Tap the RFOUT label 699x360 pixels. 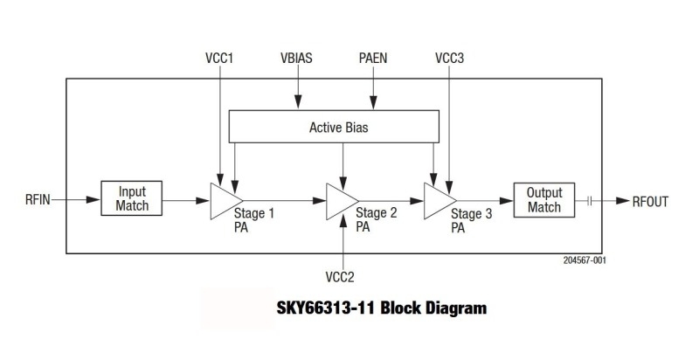[x=650, y=202]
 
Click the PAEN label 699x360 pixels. [x=373, y=59]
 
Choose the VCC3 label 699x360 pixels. [x=449, y=59]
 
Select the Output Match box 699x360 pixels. [x=543, y=200]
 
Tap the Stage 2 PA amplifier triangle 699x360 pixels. [x=337, y=202]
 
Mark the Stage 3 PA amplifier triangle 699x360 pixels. [x=434, y=201]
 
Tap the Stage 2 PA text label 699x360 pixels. [x=375, y=218]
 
